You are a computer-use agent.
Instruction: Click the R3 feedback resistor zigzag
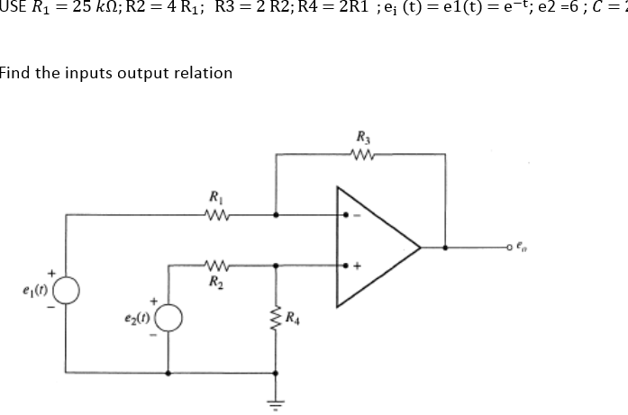pyautogui.click(x=364, y=153)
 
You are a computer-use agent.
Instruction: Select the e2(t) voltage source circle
pyautogui.click(x=169, y=318)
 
